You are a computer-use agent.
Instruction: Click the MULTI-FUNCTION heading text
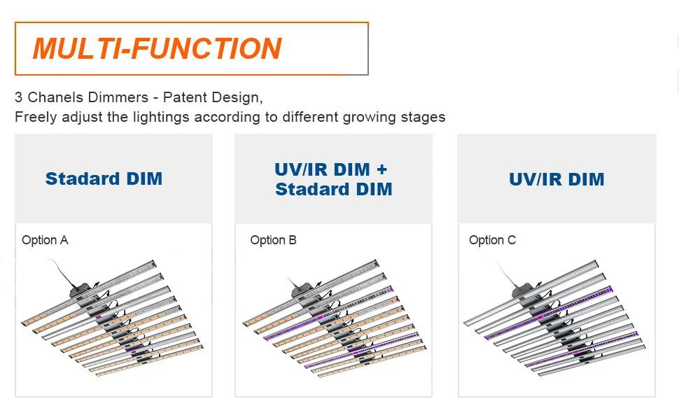pyautogui.click(x=157, y=48)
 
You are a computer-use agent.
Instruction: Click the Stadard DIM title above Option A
pyautogui.click(x=104, y=178)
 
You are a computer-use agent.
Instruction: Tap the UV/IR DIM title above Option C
pyautogui.click(x=556, y=179)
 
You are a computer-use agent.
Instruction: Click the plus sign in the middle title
pyautogui.click(x=381, y=169)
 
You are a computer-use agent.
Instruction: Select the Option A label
pyautogui.click(x=45, y=240)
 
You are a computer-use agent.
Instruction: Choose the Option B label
pyautogui.click(x=273, y=240)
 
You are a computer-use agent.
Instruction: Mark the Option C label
pyautogui.click(x=492, y=240)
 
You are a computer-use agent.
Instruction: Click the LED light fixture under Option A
pyautogui.click(x=113, y=318)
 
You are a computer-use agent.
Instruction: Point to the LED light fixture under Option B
pyautogui.click(x=335, y=318)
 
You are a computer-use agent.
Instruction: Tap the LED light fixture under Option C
pyautogui.click(x=555, y=318)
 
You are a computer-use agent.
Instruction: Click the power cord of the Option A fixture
pyautogui.click(x=62, y=272)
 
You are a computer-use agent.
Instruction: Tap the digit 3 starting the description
pyautogui.click(x=19, y=97)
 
